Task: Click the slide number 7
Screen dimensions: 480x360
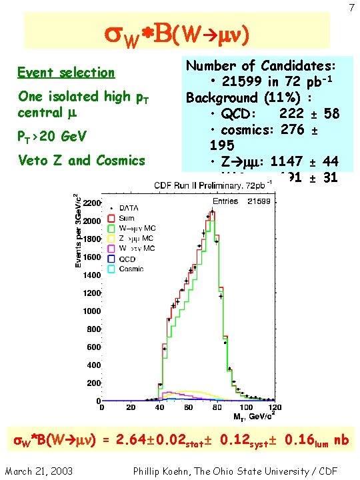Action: click(x=351, y=7)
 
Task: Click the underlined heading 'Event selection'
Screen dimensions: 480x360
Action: click(x=66, y=72)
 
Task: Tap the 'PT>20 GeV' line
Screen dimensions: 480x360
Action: click(x=61, y=137)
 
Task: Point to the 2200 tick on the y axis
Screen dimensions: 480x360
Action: click(x=91, y=201)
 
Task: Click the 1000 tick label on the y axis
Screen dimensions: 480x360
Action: click(x=91, y=311)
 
